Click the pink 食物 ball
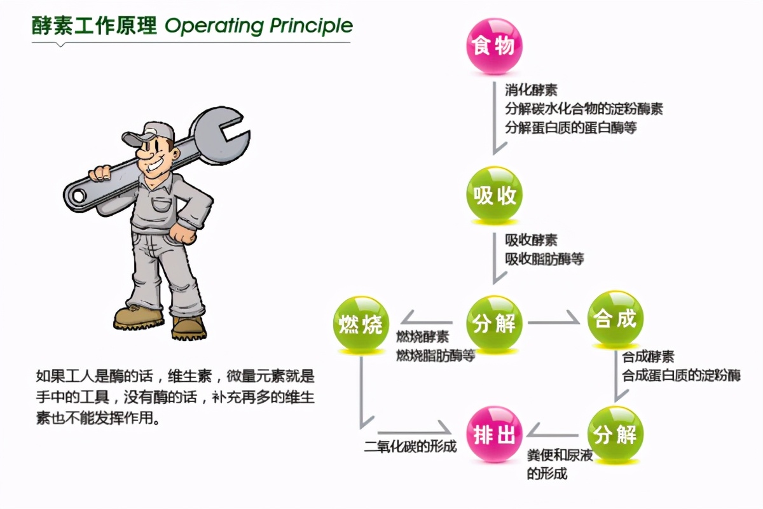(x=494, y=46)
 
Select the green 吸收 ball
(x=494, y=194)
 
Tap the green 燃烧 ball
(x=361, y=324)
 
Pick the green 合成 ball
(x=615, y=318)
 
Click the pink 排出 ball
(x=494, y=434)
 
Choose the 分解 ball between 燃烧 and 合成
(x=494, y=323)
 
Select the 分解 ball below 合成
(x=615, y=434)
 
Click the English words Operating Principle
(x=259, y=26)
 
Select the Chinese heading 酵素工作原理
(x=94, y=26)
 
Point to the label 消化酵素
(x=531, y=90)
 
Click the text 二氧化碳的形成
(x=410, y=446)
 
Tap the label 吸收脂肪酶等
(x=544, y=259)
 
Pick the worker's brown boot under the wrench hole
(x=139, y=317)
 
